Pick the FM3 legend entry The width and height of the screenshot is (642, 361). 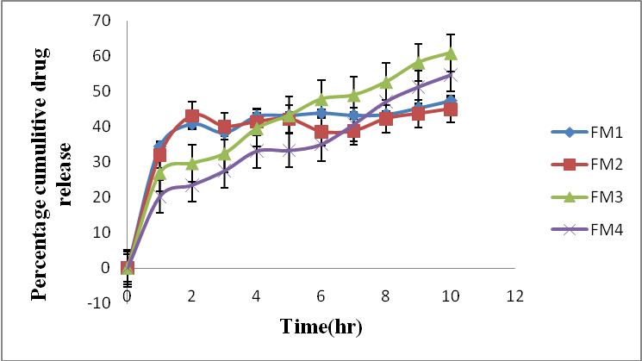point(595,197)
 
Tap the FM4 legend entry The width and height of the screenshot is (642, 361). point(595,230)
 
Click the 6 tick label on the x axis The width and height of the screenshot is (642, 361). point(321,296)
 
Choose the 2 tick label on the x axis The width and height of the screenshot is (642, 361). point(191,296)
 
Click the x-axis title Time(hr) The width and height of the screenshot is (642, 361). point(321,327)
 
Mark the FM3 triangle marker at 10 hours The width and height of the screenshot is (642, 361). point(450,53)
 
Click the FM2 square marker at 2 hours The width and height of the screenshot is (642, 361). point(192,116)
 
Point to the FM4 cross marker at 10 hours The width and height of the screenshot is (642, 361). point(450,75)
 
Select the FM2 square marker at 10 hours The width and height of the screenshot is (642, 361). point(450,109)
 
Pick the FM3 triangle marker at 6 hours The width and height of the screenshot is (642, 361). point(321,99)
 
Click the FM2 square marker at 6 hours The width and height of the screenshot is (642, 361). point(321,132)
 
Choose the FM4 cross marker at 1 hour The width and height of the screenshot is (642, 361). point(159,196)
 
